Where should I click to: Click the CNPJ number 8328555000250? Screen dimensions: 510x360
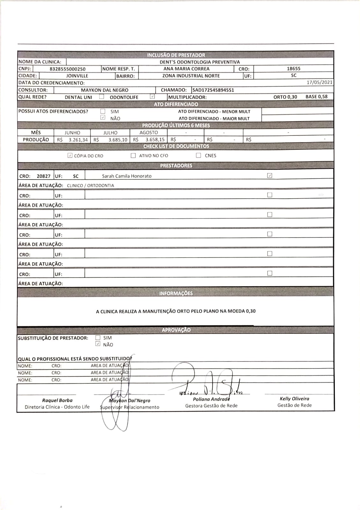click(68, 69)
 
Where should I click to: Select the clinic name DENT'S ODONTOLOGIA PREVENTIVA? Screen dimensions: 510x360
click(200, 62)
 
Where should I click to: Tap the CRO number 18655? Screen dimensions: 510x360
click(293, 69)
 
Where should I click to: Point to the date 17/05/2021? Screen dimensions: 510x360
click(320, 82)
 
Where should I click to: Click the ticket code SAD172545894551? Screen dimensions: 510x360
click(213, 90)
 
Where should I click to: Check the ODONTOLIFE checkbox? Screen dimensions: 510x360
click(152, 97)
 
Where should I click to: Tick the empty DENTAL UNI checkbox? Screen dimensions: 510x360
click(101, 97)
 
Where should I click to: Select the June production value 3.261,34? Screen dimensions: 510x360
click(78, 140)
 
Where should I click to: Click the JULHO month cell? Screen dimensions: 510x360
click(110, 133)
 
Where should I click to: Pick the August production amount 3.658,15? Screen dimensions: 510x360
click(155, 140)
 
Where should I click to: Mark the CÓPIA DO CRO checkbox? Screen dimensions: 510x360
click(70, 156)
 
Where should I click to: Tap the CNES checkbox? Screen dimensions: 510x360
click(198, 156)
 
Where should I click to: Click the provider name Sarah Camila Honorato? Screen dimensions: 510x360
click(127, 176)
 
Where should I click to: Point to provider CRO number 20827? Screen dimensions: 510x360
click(43, 176)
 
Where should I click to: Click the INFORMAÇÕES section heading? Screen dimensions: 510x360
click(176, 293)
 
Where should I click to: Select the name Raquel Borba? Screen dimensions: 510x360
click(57, 400)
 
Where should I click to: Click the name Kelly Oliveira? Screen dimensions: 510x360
click(294, 398)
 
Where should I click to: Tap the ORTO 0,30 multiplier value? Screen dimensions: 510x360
click(285, 97)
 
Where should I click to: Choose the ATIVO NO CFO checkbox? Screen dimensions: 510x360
click(133, 156)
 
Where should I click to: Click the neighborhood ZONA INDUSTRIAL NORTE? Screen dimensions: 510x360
click(191, 76)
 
